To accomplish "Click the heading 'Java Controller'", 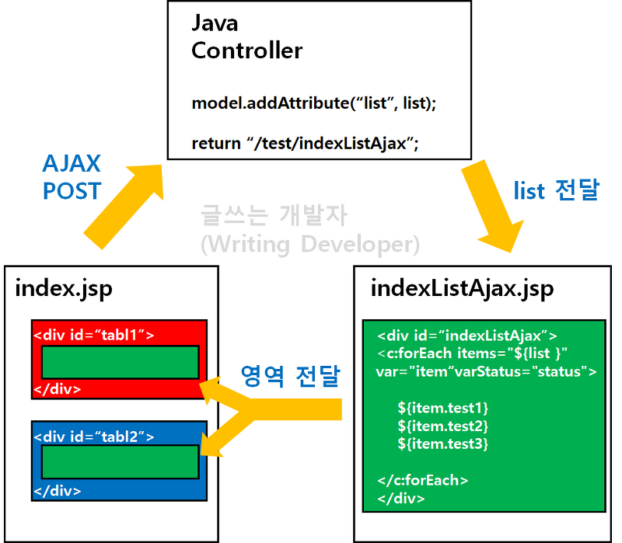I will click(x=246, y=37).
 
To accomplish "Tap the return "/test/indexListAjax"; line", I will click(x=305, y=144).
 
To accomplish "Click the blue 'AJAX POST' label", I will click(x=72, y=177).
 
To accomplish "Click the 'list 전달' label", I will click(x=556, y=190).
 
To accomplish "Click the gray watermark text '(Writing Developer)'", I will click(x=310, y=245).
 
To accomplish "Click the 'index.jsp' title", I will click(x=64, y=289).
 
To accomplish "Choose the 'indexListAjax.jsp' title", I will click(x=462, y=289).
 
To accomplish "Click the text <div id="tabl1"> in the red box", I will click(x=93, y=335).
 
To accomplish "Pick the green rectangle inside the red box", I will click(x=120, y=362).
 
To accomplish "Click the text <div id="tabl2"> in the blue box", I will click(x=93, y=437).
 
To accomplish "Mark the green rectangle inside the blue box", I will click(x=120, y=463).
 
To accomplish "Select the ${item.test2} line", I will click(x=442, y=425).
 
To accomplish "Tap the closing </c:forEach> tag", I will click(x=422, y=480).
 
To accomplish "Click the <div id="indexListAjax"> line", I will click(x=466, y=336).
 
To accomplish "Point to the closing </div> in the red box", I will click(x=57, y=388).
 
